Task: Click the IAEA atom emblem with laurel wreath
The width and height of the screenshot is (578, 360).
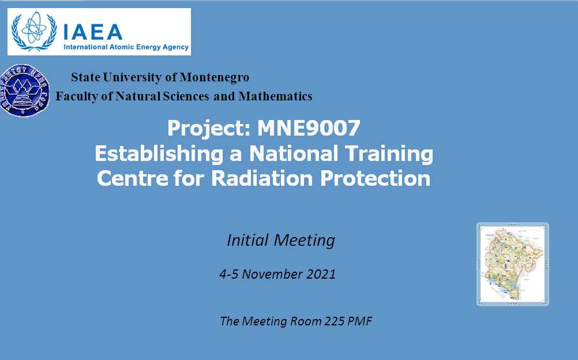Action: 34,31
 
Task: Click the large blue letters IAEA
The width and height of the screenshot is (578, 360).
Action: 93,32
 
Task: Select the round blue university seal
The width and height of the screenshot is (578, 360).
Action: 24,91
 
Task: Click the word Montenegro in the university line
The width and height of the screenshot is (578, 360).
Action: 214,77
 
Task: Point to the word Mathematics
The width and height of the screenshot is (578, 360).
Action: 275,96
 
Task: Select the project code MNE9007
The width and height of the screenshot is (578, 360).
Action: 309,128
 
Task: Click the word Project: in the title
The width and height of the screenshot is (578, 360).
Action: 209,129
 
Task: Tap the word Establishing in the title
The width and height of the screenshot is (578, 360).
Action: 159,154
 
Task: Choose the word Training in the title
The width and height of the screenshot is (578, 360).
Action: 385,154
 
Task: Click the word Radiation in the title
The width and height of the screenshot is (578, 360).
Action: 262,178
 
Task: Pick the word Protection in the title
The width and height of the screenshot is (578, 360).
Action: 376,178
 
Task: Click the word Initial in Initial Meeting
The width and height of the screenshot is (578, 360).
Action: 247,240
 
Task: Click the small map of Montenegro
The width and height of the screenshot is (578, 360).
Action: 513,264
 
